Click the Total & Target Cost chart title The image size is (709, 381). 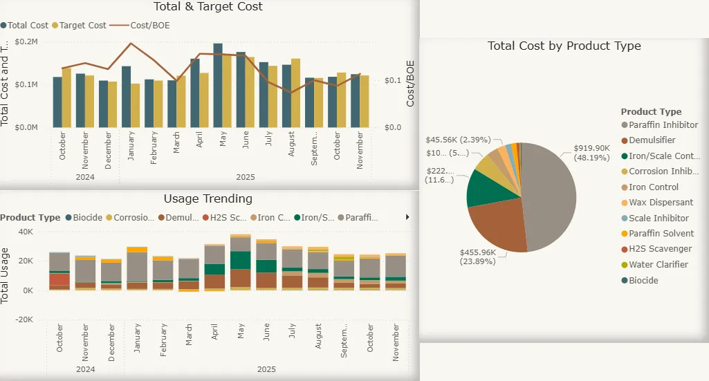[208, 7]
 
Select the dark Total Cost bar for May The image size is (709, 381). [218, 86]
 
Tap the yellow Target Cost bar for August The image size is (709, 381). [296, 93]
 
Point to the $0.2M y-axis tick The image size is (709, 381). [26, 41]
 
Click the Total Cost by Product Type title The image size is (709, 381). [564, 46]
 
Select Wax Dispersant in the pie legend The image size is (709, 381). [661, 203]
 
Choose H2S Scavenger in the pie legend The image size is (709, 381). [660, 249]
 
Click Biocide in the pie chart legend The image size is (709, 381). [643, 281]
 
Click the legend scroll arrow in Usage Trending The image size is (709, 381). [407, 217]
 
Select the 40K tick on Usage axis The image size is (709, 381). [26, 231]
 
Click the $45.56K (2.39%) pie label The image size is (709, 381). [458, 139]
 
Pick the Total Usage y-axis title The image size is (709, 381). [6, 275]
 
